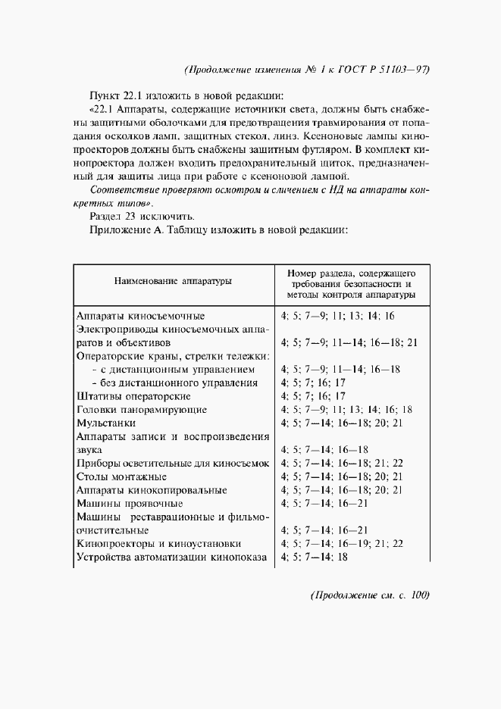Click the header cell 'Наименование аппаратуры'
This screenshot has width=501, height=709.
coord(173,282)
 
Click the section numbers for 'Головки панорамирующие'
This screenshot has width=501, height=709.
coord(346,410)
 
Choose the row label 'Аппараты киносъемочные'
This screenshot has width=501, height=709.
coord(141,316)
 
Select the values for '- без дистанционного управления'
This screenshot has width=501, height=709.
coord(313,383)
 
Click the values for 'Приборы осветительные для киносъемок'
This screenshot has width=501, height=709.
coord(342,464)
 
